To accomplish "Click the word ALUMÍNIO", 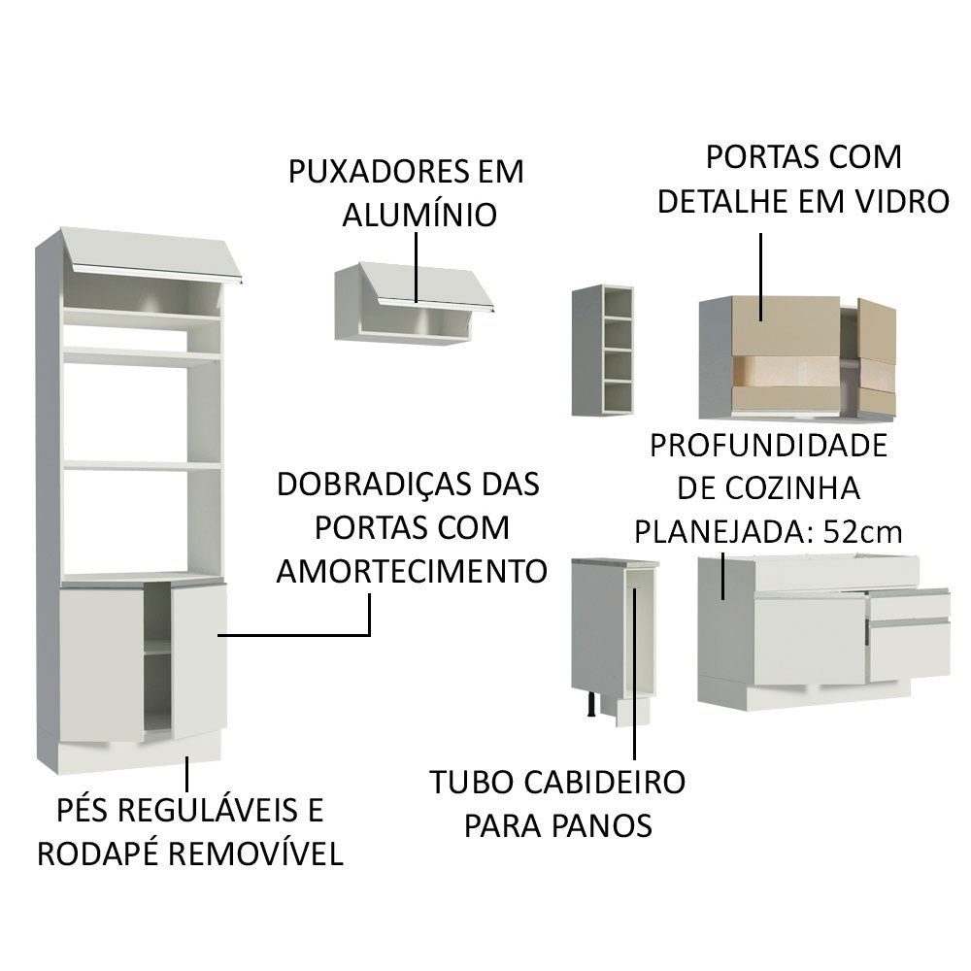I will point(419,215).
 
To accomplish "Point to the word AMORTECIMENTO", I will point(411,570).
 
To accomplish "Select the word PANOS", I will point(601,825).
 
